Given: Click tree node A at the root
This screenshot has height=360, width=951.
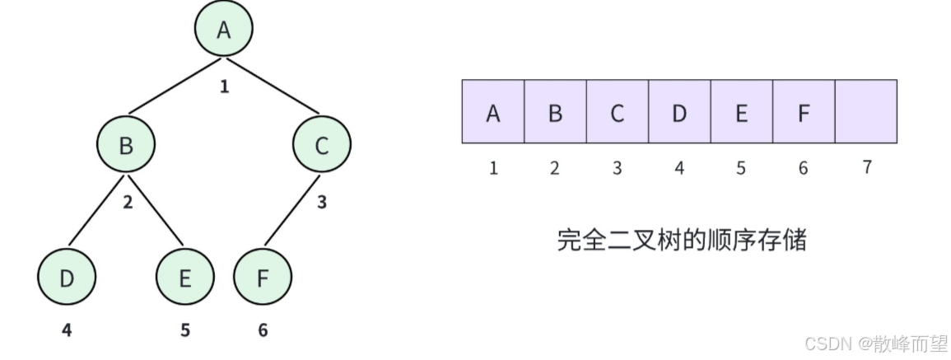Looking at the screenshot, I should (x=223, y=30).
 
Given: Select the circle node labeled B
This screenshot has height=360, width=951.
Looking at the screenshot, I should (x=126, y=146).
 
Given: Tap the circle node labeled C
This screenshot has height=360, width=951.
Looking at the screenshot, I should (x=321, y=146).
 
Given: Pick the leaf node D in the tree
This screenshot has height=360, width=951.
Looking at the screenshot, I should (x=67, y=278).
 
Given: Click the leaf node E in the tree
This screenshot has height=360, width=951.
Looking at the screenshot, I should (x=184, y=278).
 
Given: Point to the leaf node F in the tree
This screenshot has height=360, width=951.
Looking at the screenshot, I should (x=263, y=278).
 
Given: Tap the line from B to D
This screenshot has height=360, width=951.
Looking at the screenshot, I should (x=97, y=210).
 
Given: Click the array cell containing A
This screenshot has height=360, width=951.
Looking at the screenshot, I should (x=493, y=111).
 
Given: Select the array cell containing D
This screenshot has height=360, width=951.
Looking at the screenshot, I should (x=679, y=111).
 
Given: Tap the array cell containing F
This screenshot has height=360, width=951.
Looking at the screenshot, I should (x=804, y=111).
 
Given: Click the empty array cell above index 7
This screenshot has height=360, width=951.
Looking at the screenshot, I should (x=865, y=111).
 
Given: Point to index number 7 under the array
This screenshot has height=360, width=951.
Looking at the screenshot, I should (x=866, y=167).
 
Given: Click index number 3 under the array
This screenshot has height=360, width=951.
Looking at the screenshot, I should (x=617, y=168).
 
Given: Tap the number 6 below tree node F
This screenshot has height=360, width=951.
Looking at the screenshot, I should (x=263, y=330).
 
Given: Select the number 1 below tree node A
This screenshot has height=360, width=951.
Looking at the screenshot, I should (x=224, y=86).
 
